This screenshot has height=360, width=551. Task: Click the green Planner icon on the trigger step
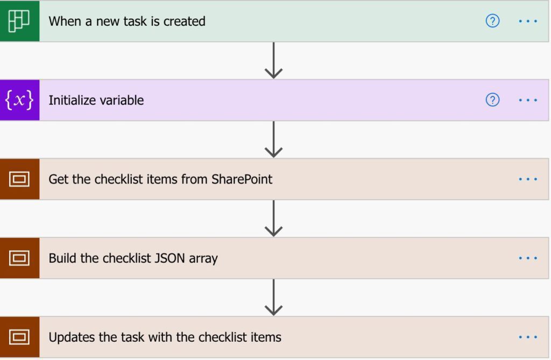point(19,21)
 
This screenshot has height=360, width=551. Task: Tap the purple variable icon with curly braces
point(19,100)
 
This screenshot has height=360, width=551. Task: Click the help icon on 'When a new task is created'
point(492,21)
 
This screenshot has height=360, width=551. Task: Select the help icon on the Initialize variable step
point(492,100)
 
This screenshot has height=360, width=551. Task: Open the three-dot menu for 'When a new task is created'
point(528,21)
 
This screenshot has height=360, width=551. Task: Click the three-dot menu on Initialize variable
point(528,100)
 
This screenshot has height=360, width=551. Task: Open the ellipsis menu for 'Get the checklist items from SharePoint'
point(528,179)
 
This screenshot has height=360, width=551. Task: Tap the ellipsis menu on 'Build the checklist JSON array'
point(528,258)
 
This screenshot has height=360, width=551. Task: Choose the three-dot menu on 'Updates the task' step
point(528,337)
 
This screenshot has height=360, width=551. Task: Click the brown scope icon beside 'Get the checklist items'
point(19,179)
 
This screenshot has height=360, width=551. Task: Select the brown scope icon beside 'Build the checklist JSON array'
point(19,258)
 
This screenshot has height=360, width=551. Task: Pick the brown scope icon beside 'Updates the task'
point(19,337)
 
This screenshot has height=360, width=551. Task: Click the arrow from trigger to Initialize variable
point(273,60)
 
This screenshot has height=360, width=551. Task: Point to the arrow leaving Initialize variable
point(273,139)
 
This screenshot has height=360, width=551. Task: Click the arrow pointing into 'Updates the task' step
point(273,298)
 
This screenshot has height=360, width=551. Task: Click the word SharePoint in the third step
point(242,179)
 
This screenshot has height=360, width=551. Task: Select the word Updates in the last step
point(72,337)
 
